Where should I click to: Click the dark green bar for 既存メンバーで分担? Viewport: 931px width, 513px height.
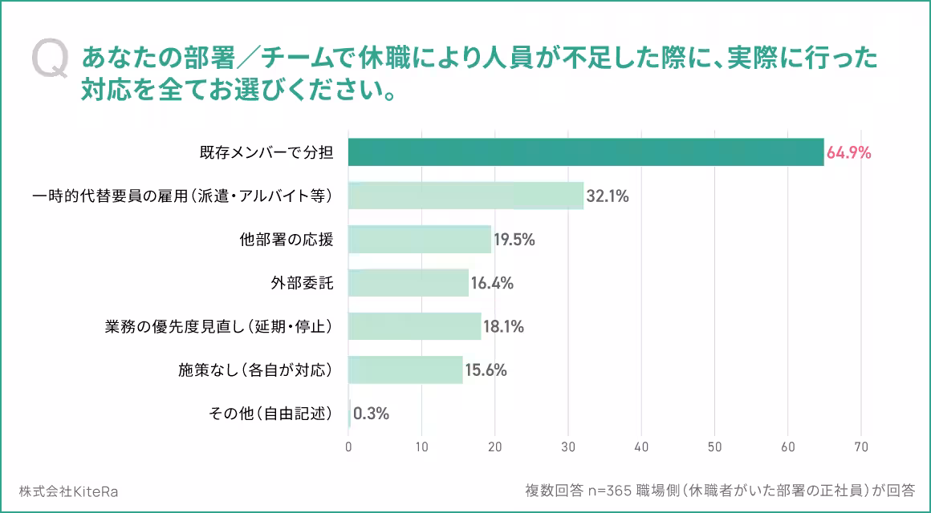click(x=586, y=152)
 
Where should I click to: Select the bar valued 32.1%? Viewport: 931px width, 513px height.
click(x=465, y=196)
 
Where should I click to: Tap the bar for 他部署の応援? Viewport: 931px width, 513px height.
click(x=420, y=240)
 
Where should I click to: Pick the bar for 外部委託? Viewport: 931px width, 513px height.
click(x=409, y=283)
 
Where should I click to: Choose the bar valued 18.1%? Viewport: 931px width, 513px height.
click(x=415, y=326)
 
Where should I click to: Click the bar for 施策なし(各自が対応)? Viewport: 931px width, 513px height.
click(x=405, y=370)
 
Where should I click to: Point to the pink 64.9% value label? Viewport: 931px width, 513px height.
click(x=849, y=152)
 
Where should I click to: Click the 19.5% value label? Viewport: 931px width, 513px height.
click(x=514, y=240)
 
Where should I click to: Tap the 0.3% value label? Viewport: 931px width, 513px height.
click(x=371, y=414)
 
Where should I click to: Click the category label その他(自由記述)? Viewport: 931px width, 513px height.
click(x=270, y=414)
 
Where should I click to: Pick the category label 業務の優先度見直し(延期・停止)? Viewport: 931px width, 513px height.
click(x=218, y=326)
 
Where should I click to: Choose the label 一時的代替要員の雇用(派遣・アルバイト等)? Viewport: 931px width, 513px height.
click(x=182, y=196)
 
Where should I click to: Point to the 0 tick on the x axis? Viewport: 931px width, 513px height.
click(x=348, y=446)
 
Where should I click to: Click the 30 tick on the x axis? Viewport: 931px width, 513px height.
click(x=568, y=446)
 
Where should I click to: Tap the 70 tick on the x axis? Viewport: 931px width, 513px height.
click(x=861, y=446)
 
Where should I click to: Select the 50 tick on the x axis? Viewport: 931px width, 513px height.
click(x=714, y=446)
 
